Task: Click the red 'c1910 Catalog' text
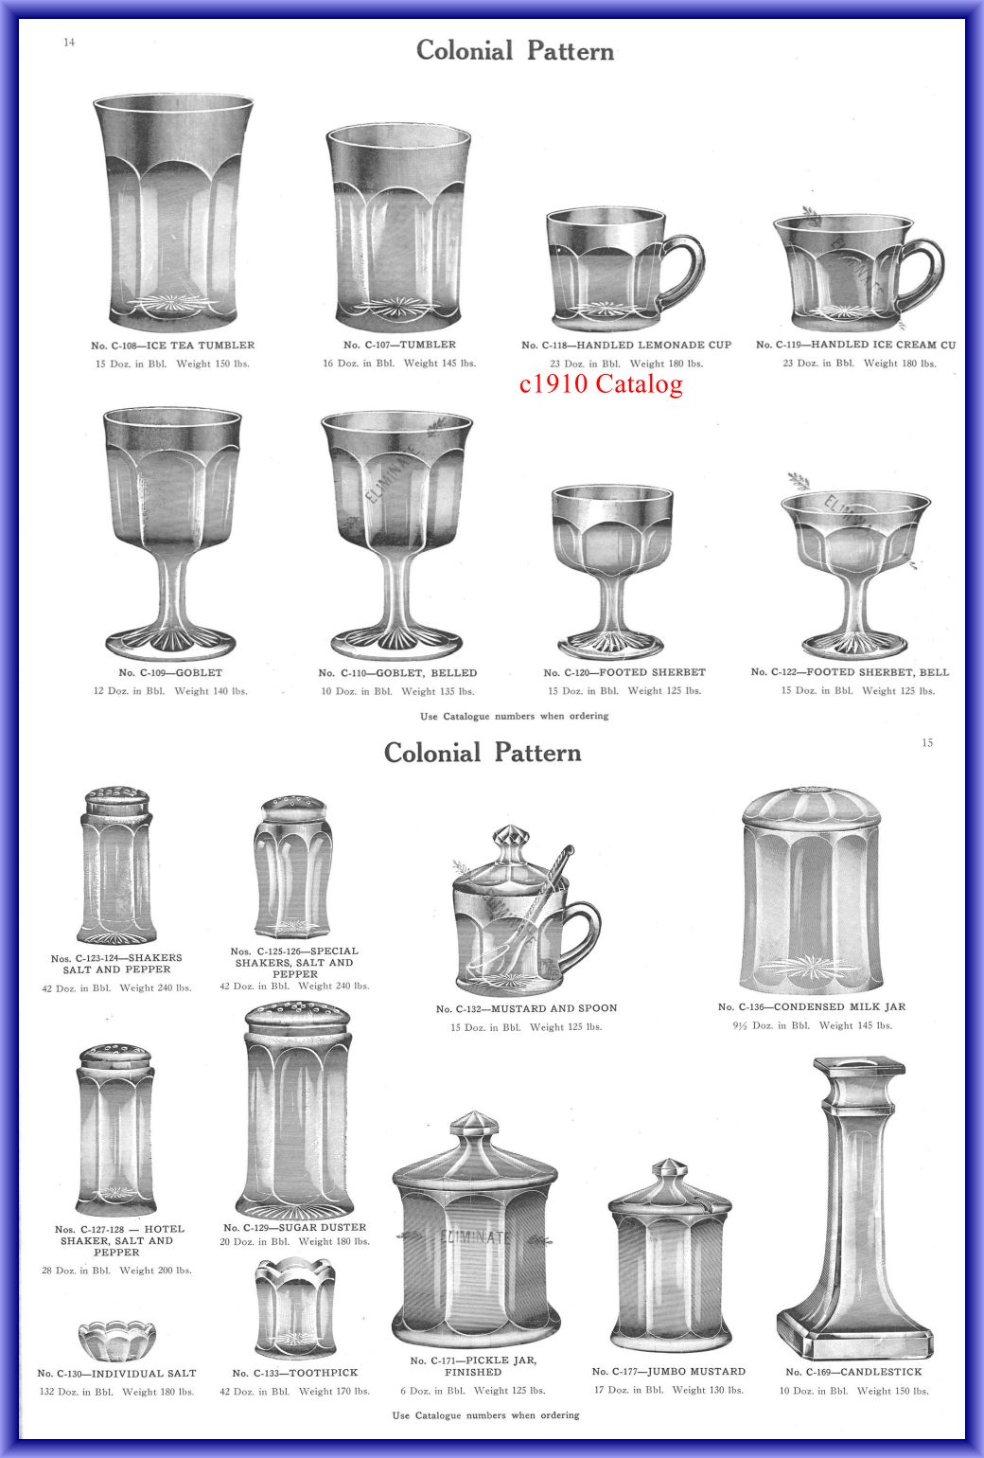(x=601, y=383)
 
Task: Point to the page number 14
(x=69, y=43)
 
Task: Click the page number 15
(x=927, y=742)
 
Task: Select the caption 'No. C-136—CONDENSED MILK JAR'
(x=811, y=1006)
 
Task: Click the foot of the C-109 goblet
(x=170, y=643)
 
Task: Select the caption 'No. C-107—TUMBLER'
(x=399, y=345)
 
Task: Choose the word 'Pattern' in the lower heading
(x=537, y=753)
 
